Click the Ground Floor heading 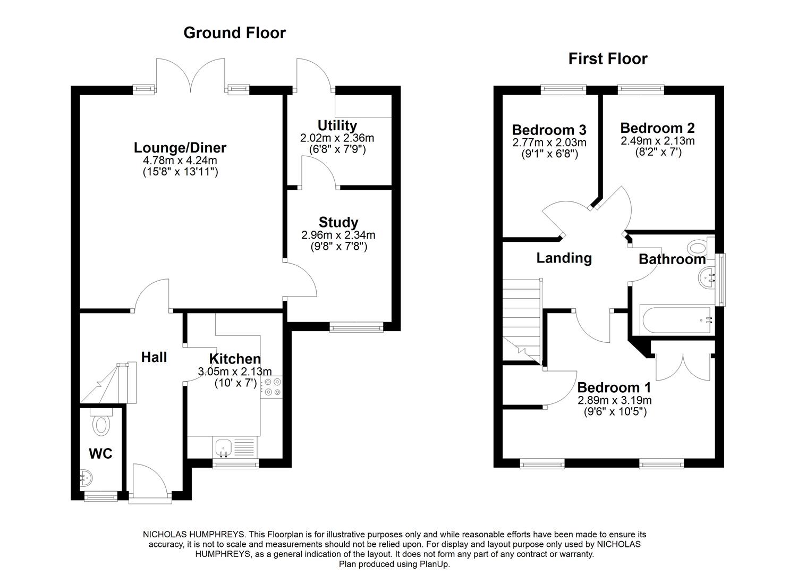(x=234, y=33)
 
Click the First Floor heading (x=608, y=58)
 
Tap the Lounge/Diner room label (x=180, y=148)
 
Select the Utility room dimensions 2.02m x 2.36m (x=337, y=138)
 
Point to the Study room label (x=338, y=222)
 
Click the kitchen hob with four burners (x=273, y=387)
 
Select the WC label (x=100, y=454)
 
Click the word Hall (x=154, y=357)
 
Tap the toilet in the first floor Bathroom (x=699, y=248)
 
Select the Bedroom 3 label (x=549, y=130)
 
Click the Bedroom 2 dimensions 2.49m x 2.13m (x=657, y=141)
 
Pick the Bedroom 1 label (x=614, y=387)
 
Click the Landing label (x=564, y=258)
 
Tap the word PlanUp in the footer (x=435, y=564)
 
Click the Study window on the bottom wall (x=356, y=328)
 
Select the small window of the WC (x=101, y=496)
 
